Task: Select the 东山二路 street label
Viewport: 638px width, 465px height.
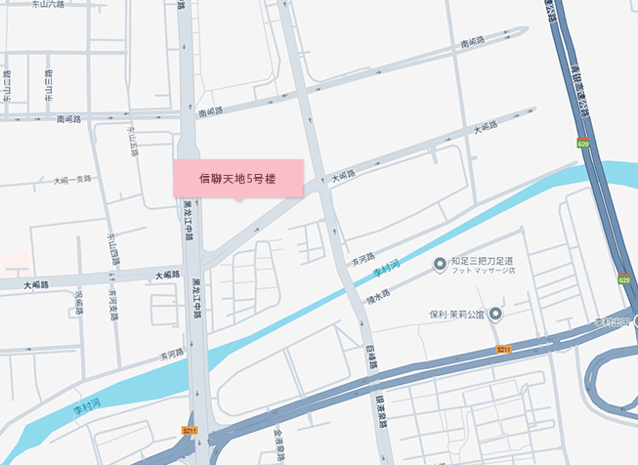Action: pyautogui.click(x=8, y=86)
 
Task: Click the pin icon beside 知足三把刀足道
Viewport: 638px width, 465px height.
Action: pyautogui.click(x=440, y=262)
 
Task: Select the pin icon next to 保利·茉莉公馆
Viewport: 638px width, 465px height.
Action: pyautogui.click(x=496, y=315)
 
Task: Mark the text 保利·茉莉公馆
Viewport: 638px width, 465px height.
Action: pyautogui.click(x=457, y=315)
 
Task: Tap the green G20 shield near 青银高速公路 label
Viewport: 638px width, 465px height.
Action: pyautogui.click(x=583, y=145)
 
